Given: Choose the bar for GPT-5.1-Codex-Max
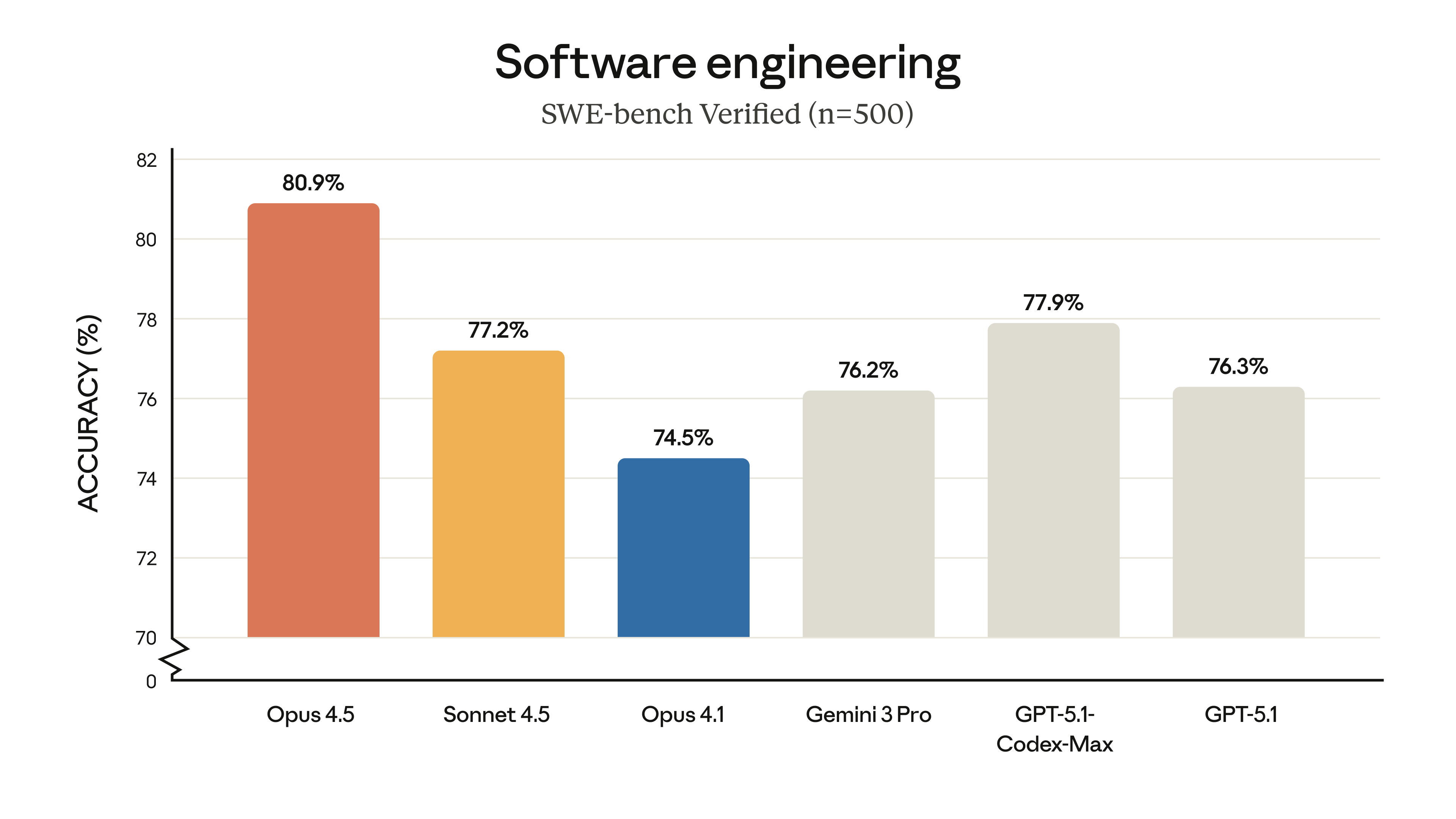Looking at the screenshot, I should pos(1053,480).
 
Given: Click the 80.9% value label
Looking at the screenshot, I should pos(313,183).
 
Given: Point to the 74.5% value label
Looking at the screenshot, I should pos(683,438).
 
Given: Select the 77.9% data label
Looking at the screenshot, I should pos(1053,303).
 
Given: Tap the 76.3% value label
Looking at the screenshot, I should pos(1238,367).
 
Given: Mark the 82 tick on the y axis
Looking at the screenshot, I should pos(146,160).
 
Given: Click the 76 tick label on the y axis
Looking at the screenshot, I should pos(146,400).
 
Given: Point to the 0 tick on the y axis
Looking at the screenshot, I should pos(151,682).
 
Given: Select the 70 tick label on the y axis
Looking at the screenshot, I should pos(146,639).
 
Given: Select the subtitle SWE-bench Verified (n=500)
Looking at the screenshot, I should pos(727,114).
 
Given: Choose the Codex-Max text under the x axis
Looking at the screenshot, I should pos(1054,744).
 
